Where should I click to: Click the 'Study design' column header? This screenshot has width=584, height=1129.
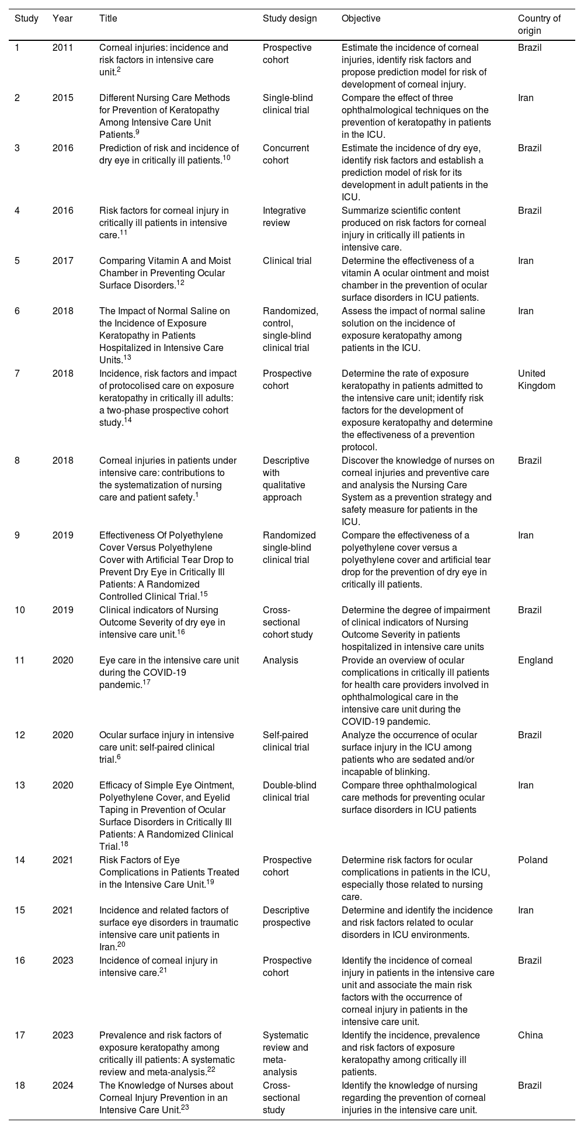coord(290,19)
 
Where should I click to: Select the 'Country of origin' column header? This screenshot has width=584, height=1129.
coord(538,25)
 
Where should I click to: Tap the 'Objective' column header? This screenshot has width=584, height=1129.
coord(360,19)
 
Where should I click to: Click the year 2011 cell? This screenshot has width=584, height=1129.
coord(62,48)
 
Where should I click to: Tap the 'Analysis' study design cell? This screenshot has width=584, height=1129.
coord(280,661)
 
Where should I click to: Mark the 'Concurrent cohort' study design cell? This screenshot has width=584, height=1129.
coord(287,154)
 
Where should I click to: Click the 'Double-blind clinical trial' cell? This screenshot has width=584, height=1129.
coord(289,791)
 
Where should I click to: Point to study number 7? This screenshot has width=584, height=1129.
coord(18,374)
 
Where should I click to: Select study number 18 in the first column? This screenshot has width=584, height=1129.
coord(20,1085)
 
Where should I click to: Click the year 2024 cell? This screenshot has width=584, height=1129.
coord(62,1085)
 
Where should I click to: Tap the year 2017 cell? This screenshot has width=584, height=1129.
coord(62,260)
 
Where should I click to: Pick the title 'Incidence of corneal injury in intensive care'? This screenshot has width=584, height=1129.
coord(158,967)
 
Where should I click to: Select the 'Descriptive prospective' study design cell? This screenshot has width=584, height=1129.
coord(286,916)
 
